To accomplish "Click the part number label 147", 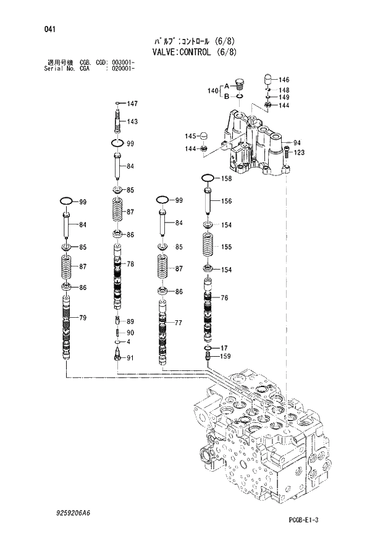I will tap(132, 104).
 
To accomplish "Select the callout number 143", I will tap(132, 122).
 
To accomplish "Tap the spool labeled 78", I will tap(118, 275).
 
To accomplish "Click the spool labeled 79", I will tap(67, 328).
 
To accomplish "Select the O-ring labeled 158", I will tap(208, 179).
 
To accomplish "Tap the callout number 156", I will tap(226, 201).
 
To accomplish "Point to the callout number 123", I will tap(299, 153).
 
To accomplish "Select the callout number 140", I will tap(212, 91).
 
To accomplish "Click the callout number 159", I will tap(226, 356).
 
